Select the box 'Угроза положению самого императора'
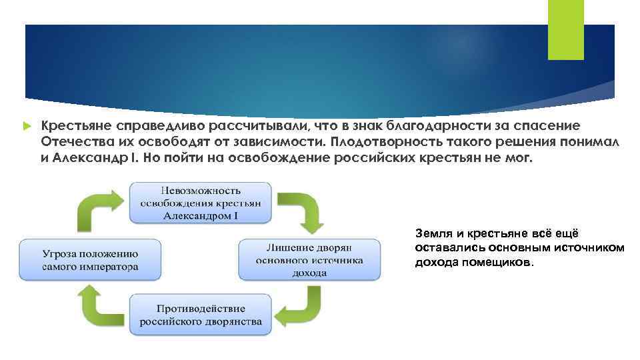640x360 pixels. coord(90,260)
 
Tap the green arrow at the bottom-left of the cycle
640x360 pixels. coord(98,303)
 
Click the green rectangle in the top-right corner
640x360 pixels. coord(565,29)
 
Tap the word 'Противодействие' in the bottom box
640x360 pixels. coord(201,309)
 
